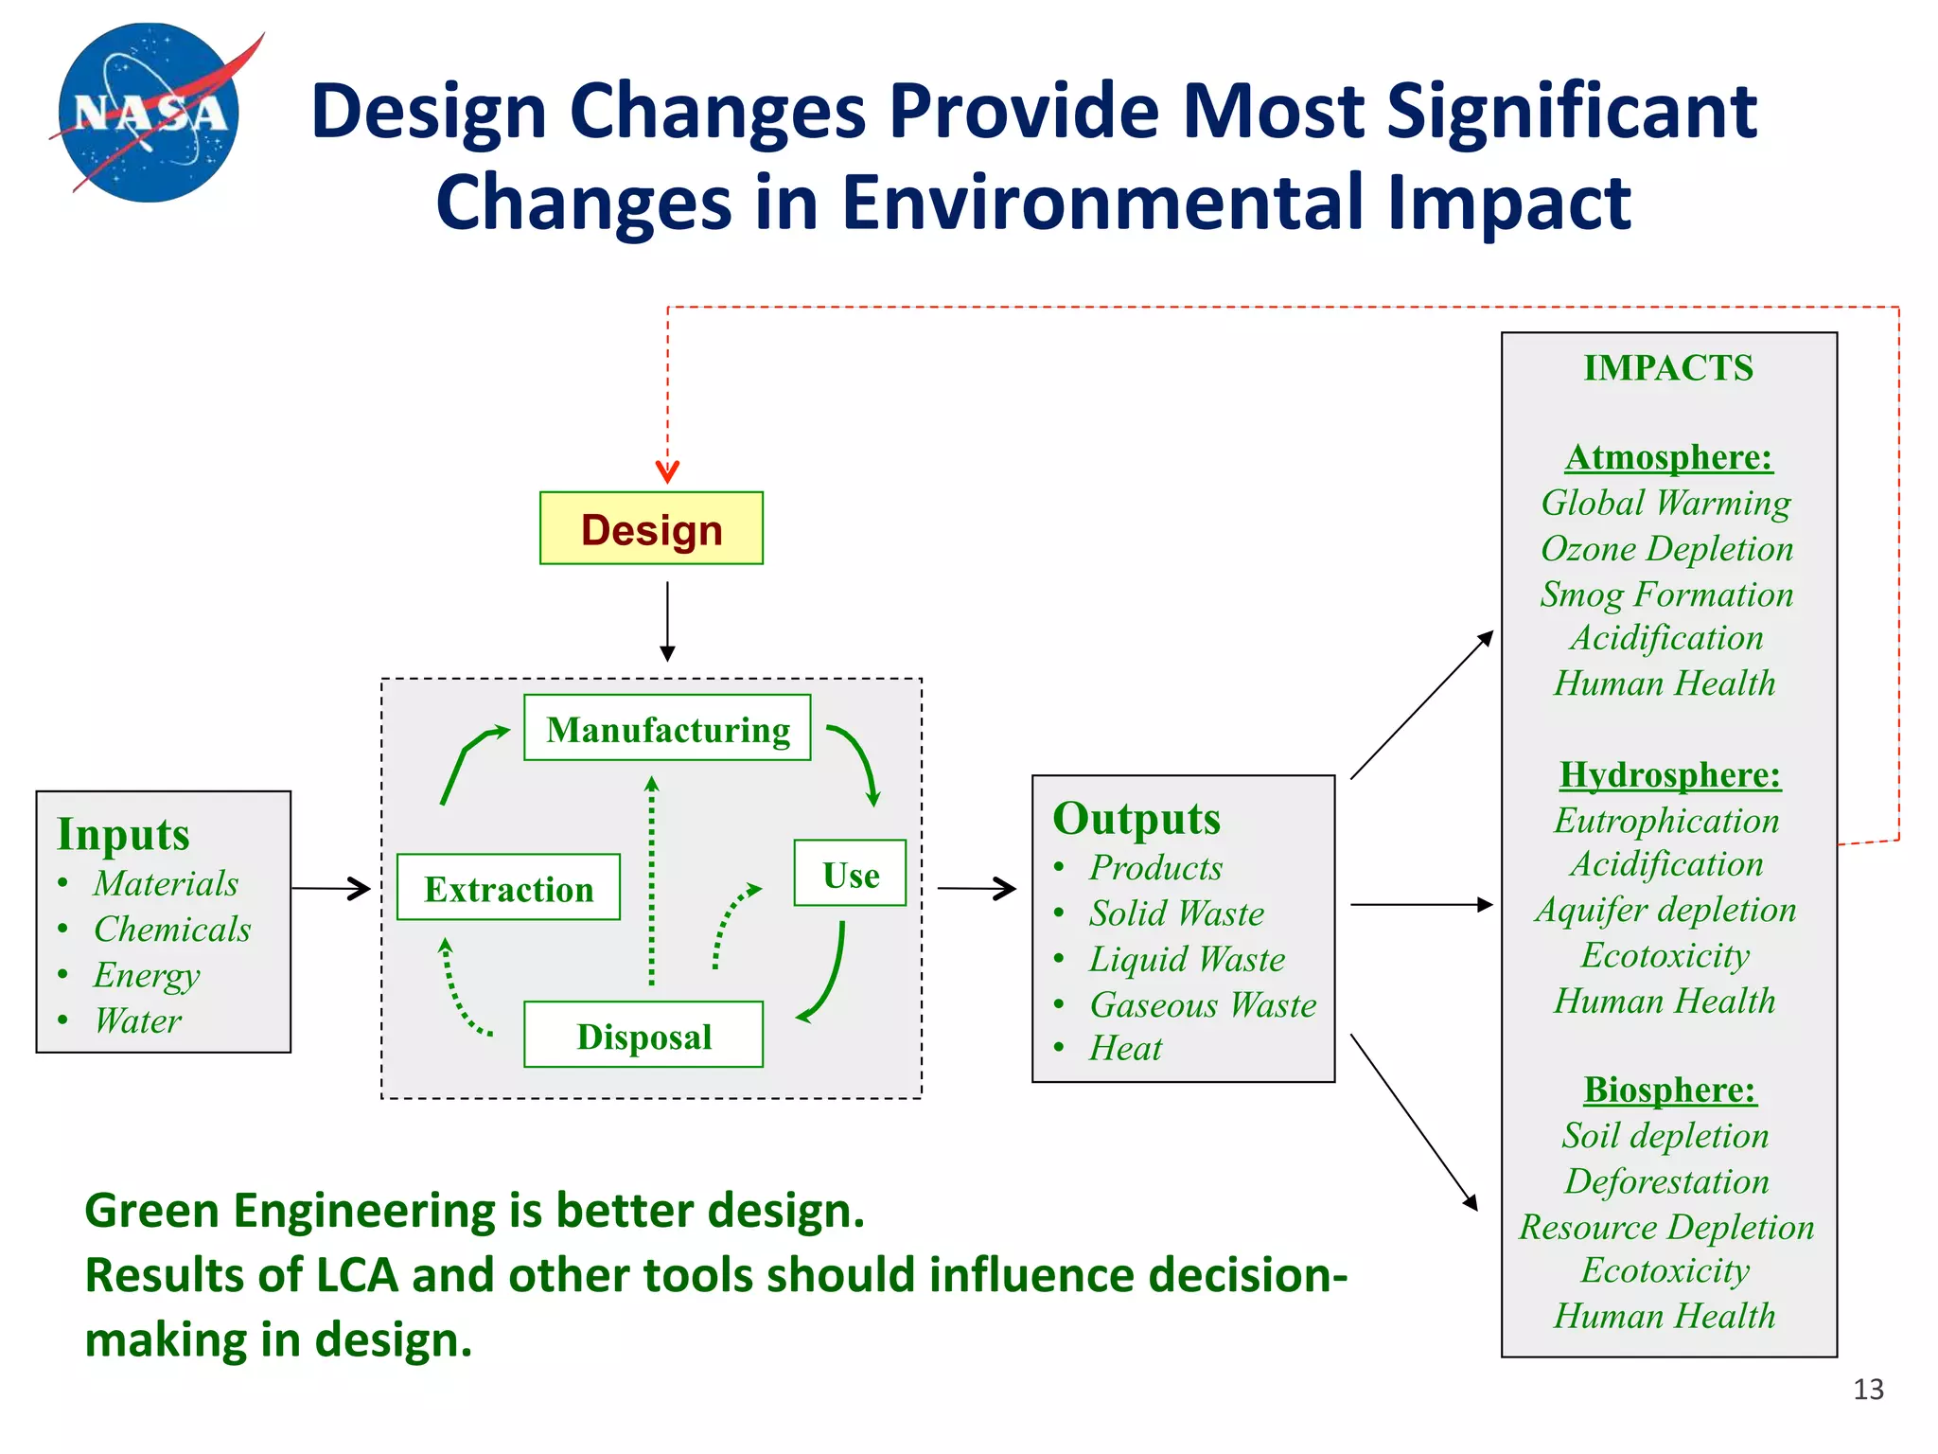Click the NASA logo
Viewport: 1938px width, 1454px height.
point(150,113)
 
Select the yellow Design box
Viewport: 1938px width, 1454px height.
point(651,528)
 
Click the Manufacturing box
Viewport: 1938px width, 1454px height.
point(667,728)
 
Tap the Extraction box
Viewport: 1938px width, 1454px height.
point(508,887)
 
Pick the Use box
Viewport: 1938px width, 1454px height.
point(850,873)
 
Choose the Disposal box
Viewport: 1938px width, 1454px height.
point(643,1035)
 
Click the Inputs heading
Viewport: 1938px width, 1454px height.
point(124,834)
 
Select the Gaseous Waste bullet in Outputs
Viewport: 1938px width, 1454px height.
point(1202,1004)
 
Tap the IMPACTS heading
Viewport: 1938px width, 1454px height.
point(1668,368)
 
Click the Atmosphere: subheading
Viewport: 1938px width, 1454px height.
point(1668,457)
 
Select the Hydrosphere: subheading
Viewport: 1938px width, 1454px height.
point(1669,774)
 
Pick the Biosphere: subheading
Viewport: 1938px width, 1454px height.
point(1669,1090)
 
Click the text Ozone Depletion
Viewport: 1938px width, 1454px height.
point(1667,548)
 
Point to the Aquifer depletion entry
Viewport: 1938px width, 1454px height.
point(1666,910)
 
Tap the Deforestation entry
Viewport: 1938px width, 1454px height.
point(1666,1181)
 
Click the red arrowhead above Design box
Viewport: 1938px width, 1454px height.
point(667,471)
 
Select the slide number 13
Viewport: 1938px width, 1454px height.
point(1868,1390)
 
